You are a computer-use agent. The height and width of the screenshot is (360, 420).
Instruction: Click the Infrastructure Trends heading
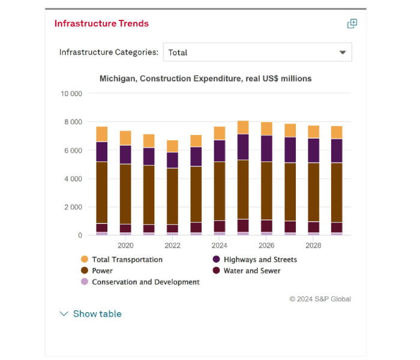pyautogui.click(x=101, y=23)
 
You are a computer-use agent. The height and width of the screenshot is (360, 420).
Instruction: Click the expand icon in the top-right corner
pyautogui.click(x=352, y=23)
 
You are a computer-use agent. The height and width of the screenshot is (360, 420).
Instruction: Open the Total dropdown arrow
pyautogui.click(x=343, y=52)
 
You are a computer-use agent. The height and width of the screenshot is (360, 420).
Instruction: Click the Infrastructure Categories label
pyautogui.click(x=109, y=52)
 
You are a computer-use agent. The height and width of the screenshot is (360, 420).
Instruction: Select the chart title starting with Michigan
pyautogui.click(x=205, y=79)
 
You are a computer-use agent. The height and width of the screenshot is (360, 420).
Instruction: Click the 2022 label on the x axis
pyautogui.click(x=172, y=245)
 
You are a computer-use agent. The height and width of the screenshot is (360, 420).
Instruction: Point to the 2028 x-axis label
pyautogui.click(x=313, y=245)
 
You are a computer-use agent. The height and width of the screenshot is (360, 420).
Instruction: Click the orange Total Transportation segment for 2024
pyautogui.click(x=220, y=133)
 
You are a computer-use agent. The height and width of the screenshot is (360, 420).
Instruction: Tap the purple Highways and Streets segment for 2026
pyautogui.click(x=266, y=148)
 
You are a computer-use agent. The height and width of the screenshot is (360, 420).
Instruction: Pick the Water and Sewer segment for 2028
pyautogui.click(x=313, y=227)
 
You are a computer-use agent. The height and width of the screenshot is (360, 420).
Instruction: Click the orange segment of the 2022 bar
pyautogui.click(x=172, y=146)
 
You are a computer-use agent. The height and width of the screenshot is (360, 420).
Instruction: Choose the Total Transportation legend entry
pyautogui.click(x=127, y=260)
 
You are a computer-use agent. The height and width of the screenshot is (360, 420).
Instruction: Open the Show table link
pyautogui.click(x=97, y=314)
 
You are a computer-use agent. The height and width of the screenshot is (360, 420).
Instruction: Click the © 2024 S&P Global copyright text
pyautogui.click(x=320, y=299)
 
